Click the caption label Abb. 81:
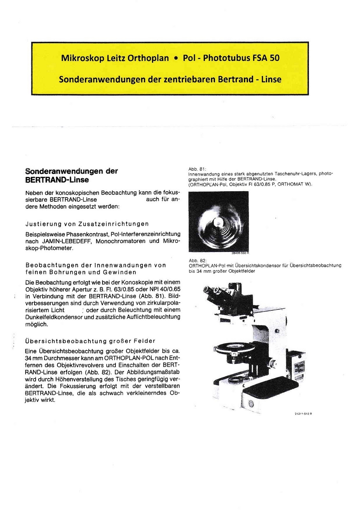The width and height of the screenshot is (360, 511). tap(197, 169)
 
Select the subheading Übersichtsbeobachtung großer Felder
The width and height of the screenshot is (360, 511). tap(90, 341)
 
